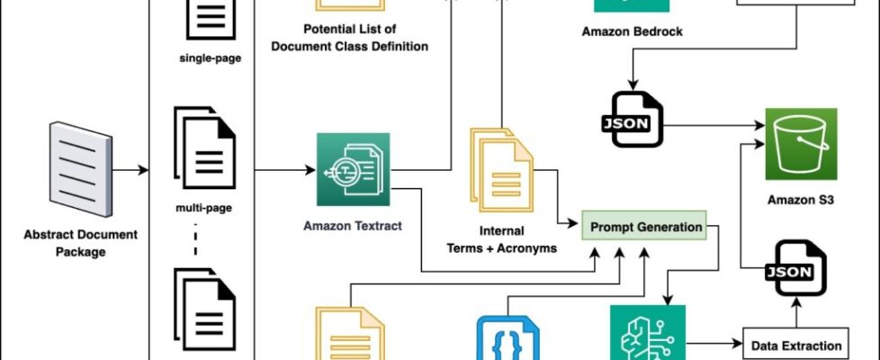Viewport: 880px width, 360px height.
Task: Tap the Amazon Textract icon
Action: (x=353, y=169)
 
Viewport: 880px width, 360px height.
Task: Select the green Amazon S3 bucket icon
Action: (x=801, y=144)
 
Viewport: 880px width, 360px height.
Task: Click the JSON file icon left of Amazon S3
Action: (x=632, y=119)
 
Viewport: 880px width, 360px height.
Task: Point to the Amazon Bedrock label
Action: (x=633, y=31)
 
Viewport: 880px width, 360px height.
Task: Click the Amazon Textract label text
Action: (x=353, y=227)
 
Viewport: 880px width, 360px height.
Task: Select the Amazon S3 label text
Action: (x=800, y=201)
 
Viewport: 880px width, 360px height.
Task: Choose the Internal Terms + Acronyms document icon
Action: (x=498, y=166)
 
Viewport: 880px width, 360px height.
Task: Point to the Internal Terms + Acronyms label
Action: (x=501, y=239)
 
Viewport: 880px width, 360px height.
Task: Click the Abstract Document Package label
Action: (x=81, y=243)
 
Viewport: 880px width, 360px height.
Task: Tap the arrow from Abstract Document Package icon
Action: (x=130, y=169)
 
